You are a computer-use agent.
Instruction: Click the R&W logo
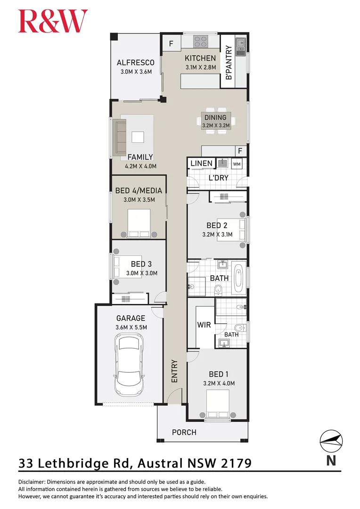[x=53, y=21]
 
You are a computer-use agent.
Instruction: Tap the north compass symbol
[x=331, y=441]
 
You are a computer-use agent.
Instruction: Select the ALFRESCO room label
[x=136, y=63]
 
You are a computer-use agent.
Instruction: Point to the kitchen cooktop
[x=200, y=41]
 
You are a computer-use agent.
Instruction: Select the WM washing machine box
[x=237, y=164]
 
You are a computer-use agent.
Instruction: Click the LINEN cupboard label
[x=201, y=164]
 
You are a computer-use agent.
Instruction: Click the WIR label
[x=204, y=325]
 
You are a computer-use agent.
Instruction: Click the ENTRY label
[x=174, y=371]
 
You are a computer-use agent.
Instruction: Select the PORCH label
[x=184, y=432]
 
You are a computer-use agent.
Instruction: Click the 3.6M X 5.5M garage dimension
[x=131, y=327]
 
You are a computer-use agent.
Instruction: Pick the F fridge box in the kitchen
[x=171, y=44]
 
